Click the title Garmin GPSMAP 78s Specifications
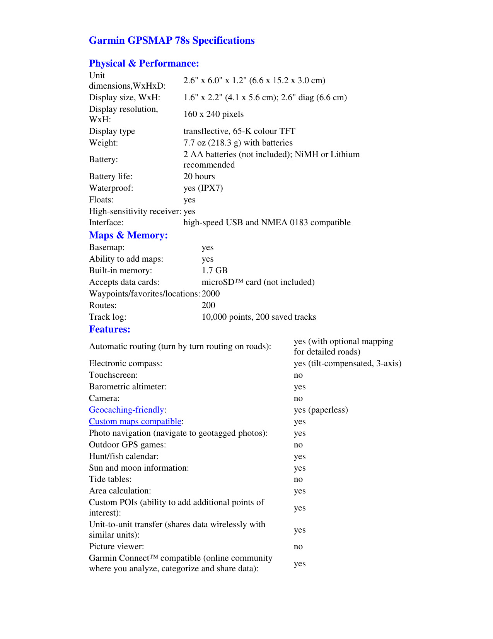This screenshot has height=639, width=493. pos(172,41)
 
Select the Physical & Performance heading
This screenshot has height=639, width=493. pos(144,63)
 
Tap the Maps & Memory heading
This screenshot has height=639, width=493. pos(128,235)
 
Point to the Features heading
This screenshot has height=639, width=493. pos(109,329)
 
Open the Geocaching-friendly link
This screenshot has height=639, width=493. pos(126,410)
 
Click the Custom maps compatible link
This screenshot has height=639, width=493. pos(135,421)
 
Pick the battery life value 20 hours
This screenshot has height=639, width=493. pos(199,176)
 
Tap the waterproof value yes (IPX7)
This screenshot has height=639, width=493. pos(203,188)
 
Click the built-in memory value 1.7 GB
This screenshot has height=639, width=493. pos(215,271)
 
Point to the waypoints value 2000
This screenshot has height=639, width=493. pos(211,294)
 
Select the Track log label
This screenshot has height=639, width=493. pos(107,317)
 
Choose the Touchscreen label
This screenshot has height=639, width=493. pos(113,375)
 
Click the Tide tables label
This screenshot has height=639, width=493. pos(110,479)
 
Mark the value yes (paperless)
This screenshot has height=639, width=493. pos(321,410)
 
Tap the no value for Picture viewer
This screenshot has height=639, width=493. pos(298,546)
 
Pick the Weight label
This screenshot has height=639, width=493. pos(104,143)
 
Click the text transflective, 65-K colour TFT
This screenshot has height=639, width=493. pos(239,131)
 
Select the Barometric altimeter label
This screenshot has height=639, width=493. pos(128,387)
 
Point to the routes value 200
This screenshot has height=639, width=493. pos(208,305)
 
